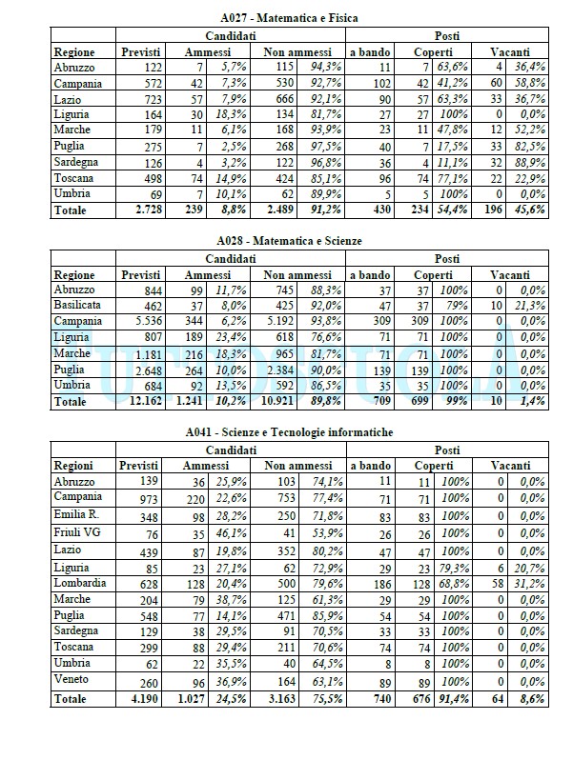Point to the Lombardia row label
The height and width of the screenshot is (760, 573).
pyautogui.click(x=81, y=583)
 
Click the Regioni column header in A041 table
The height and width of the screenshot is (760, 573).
pyautogui.click(x=74, y=465)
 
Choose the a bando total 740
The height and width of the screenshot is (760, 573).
pyautogui.click(x=368, y=699)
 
